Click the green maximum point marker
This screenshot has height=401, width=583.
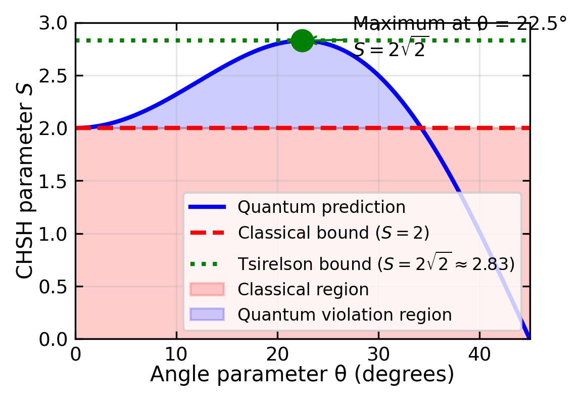point(302,40)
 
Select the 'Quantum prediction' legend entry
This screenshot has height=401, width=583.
point(321,207)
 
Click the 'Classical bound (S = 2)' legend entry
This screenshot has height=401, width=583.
point(333,233)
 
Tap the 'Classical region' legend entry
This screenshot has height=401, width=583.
point(303,290)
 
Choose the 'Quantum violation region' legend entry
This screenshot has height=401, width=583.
point(345,315)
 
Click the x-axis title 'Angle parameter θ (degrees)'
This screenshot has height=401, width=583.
point(302,375)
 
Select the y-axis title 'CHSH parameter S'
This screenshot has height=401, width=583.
point(26,181)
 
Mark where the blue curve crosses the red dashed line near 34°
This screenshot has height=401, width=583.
point(422,128)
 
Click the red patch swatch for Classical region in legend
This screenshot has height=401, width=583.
point(207,290)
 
